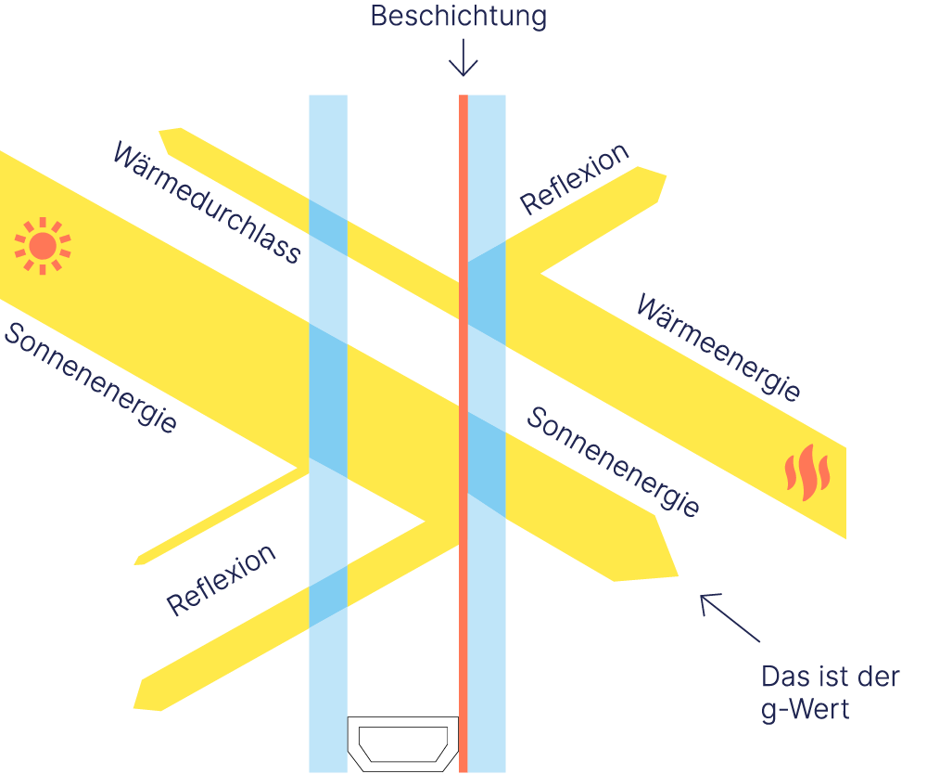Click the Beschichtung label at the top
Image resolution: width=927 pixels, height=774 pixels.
458,17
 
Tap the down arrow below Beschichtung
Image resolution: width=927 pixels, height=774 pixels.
463,58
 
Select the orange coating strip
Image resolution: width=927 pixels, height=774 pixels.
463,433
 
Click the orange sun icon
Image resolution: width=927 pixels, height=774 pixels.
43,246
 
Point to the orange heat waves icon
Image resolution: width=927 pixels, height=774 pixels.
807,472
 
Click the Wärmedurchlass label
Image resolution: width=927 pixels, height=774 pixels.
207,202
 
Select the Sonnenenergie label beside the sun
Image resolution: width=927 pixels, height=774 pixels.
90,378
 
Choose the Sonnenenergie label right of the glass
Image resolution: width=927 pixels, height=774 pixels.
613,461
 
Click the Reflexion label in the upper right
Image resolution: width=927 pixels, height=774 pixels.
574,179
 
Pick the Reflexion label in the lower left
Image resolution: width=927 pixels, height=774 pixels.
221,580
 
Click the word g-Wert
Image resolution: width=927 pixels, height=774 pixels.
806,709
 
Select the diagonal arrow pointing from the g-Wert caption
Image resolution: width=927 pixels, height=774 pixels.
730,618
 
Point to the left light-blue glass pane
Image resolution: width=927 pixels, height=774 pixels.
328,433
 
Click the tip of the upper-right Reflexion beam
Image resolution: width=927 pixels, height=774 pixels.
664,177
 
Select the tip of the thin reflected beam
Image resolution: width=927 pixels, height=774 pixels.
136,562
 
